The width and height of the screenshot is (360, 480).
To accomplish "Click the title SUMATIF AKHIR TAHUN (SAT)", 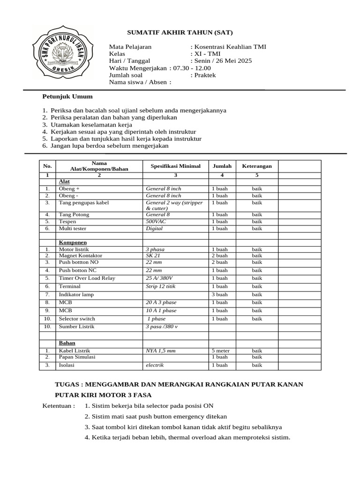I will pyautogui.click(x=180, y=32).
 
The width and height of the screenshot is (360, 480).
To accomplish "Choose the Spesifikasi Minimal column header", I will pyautogui.click(x=175, y=166).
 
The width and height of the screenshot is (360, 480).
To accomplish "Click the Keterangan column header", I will pyautogui.click(x=256, y=166).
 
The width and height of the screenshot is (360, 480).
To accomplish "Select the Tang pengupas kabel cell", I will pyautogui.click(x=81, y=202).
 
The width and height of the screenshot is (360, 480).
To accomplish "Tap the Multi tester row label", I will pyautogui.click(x=72, y=228).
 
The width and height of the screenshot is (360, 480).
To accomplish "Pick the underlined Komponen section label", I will pyautogui.click(x=73, y=243).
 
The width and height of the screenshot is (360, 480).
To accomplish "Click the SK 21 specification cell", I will pyautogui.click(x=153, y=255).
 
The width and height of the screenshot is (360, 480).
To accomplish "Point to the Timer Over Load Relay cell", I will pyautogui.click(x=87, y=278).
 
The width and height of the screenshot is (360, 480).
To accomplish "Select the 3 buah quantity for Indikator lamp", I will pyautogui.click(x=219, y=294).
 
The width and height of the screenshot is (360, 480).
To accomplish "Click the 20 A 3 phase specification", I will pyautogui.click(x=161, y=303).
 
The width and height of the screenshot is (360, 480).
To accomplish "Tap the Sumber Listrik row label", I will pyautogui.click(x=76, y=326).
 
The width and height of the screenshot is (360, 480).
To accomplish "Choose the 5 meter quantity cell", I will pyautogui.click(x=220, y=351).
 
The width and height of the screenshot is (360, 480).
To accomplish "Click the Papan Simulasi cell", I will pyautogui.click(x=77, y=357).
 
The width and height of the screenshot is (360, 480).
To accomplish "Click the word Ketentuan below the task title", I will pyautogui.click(x=58, y=405).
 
